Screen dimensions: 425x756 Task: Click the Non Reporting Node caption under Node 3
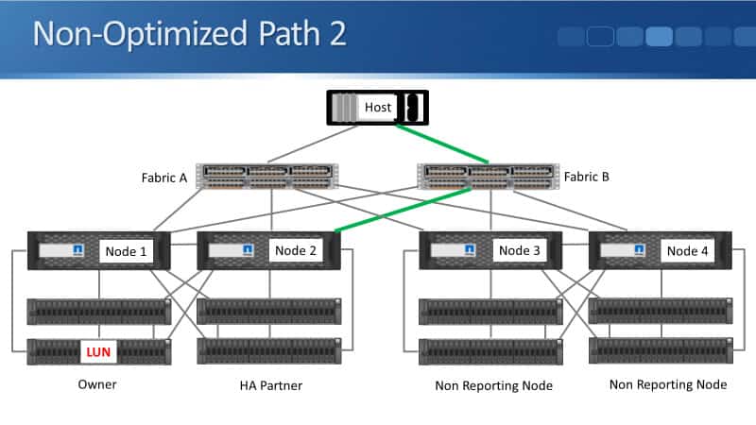click(x=493, y=385)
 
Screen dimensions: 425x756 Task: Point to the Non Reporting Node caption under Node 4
click(x=667, y=384)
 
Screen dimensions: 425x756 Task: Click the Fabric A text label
click(x=166, y=177)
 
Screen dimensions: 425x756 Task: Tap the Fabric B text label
click(x=588, y=177)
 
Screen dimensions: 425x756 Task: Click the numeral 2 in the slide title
click(x=335, y=33)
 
